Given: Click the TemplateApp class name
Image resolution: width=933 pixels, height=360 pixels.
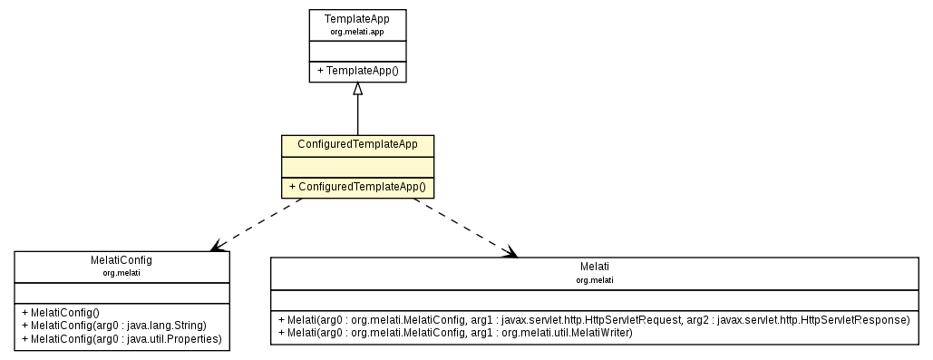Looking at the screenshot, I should pyautogui.click(x=357, y=20).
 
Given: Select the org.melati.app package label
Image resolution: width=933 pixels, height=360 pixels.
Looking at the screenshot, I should pyautogui.click(x=357, y=33).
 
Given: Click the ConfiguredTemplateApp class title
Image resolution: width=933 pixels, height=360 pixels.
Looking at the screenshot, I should pyautogui.click(x=357, y=145).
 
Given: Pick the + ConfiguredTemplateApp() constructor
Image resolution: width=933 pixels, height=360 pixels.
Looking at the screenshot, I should pyautogui.click(x=357, y=187).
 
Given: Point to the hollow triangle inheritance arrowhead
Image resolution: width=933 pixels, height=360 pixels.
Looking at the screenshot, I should pyautogui.click(x=358, y=89).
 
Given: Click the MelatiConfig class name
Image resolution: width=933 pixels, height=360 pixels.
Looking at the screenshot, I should pyautogui.click(x=121, y=260).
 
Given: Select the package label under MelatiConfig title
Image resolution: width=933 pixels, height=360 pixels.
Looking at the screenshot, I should pyautogui.click(x=121, y=272).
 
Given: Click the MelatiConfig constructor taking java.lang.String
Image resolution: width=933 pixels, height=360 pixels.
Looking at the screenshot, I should pyautogui.click(x=114, y=325).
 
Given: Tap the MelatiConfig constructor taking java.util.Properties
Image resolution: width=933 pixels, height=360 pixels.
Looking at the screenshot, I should pyautogui.click(x=121, y=337).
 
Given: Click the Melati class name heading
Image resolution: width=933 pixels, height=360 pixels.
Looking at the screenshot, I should pyautogui.click(x=595, y=268).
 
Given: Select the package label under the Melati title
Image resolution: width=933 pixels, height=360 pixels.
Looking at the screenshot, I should pyautogui.click(x=595, y=280).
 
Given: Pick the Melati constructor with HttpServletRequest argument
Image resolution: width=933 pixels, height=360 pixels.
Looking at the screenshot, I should pyautogui.click(x=594, y=320).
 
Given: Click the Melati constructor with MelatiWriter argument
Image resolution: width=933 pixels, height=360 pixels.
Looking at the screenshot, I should pyautogui.click(x=455, y=333).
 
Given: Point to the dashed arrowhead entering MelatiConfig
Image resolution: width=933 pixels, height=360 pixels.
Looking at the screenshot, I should pyautogui.click(x=216, y=246).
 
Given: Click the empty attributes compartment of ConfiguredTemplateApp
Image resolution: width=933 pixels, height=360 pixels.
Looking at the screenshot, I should pyautogui.click(x=357, y=166).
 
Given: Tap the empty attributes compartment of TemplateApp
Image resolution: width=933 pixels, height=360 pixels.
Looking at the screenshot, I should pyautogui.click(x=357, y=50).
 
